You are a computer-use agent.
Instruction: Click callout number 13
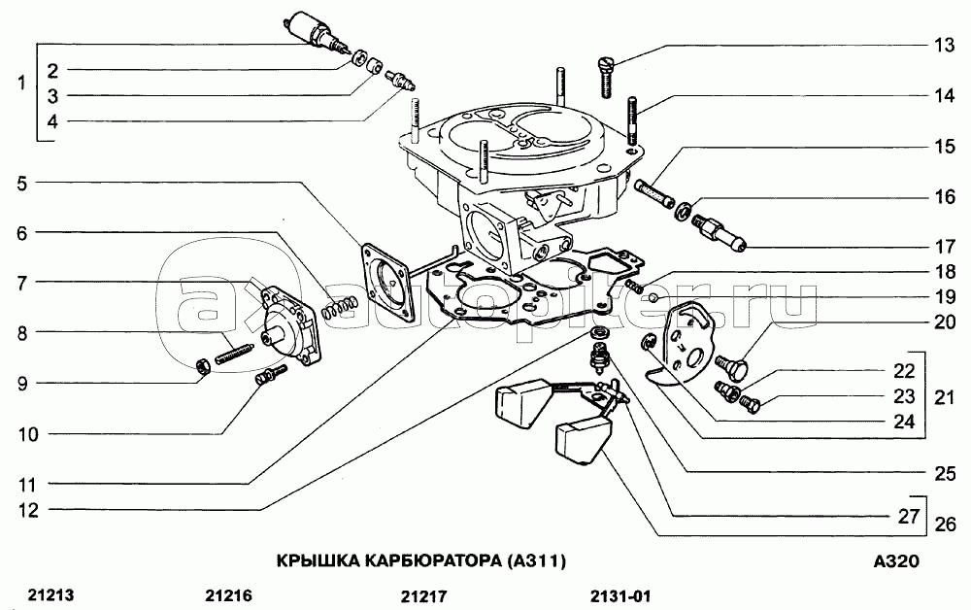[945, 46]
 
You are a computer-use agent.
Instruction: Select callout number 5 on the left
[22, 184]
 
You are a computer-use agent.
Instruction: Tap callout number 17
[945, 247]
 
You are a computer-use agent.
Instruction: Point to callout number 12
[28, 510]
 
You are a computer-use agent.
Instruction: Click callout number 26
[945, 524]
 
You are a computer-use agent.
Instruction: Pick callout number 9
[22, 384]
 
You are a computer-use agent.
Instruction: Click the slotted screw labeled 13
[604, 77]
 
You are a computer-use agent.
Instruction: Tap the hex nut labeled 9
[202, 366]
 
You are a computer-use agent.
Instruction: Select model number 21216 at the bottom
[228, 595]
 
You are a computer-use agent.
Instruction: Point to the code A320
[896, 561]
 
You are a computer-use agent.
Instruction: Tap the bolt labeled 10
[271, 375]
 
